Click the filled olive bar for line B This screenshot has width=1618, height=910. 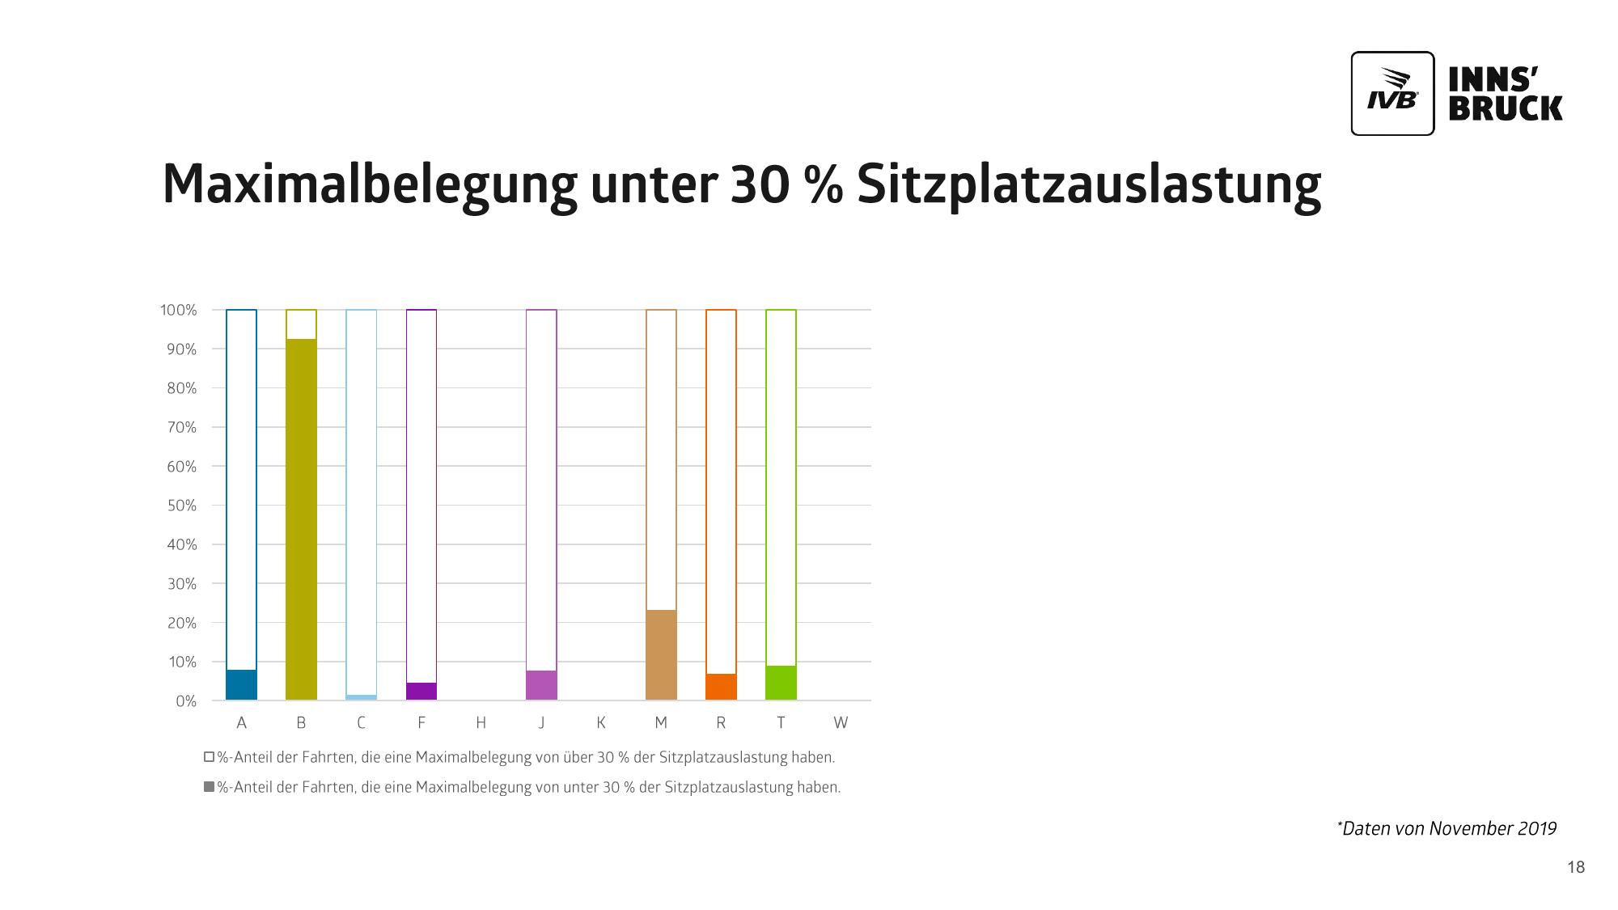click(x=301, y=519)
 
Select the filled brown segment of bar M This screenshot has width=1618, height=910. click(x=661, y=655)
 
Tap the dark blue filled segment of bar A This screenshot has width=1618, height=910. click(x=241, y=685)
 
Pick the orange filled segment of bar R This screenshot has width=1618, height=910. click(x=721, y=687)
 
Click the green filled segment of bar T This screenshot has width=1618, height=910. click(x=781, y=684)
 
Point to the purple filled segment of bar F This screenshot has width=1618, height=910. click(x=421, y=692)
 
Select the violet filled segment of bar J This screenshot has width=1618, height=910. click(x=541, y=685)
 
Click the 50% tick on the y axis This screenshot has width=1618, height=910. click(x=179, y=506)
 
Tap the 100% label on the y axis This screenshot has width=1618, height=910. click(x=178, y=310)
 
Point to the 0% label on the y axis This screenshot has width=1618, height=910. click(x=186, y=701)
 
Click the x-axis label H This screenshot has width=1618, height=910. click(x=481, y=723)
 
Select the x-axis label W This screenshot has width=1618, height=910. click(x=841, y=723)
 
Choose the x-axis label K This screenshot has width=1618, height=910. click(x=601, y=723)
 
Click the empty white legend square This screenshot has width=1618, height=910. click(x=209, y=758)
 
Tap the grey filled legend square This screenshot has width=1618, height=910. click(x=209, y=787)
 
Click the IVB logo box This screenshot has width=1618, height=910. click(x=1392, y=93)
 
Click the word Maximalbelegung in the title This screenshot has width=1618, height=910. click(x=369, y=184)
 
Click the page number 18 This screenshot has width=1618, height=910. click(x=1576, y=868)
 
